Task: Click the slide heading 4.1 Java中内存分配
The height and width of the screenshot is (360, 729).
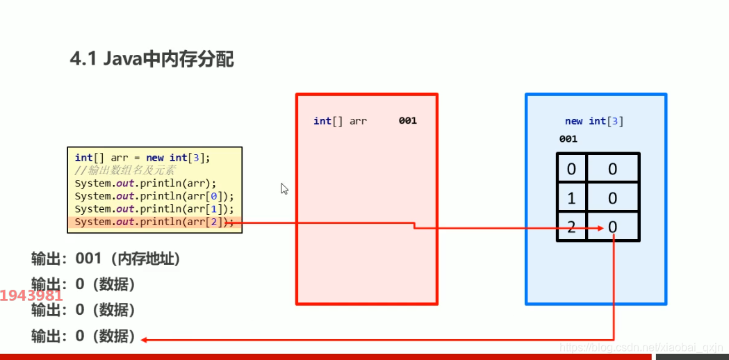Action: click(151, 60)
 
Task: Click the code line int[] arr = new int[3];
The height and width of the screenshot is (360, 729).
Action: click(142, 158)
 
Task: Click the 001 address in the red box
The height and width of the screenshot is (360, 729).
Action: click(408, 121)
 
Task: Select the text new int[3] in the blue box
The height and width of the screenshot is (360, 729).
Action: click(594, 121)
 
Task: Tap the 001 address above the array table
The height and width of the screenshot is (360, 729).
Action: click(568, 139)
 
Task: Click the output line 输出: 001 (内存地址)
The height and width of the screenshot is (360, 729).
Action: click(106, 259)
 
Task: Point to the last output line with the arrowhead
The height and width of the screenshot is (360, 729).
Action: click(83, 336)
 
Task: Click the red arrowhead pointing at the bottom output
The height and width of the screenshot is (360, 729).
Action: click(144, 340)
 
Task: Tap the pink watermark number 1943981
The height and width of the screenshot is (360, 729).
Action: click(31, 295)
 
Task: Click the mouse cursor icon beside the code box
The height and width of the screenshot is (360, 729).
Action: click(284, 188)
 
